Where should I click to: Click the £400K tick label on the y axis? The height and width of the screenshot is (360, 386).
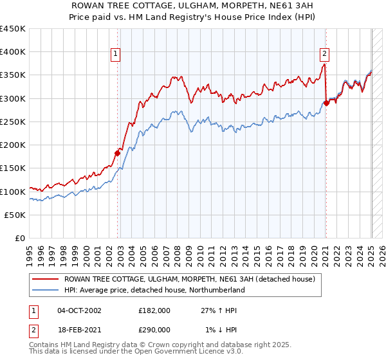pos(13,52)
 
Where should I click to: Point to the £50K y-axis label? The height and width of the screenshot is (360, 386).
pos(15,215)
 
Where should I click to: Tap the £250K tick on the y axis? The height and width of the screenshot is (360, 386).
pos(13,122)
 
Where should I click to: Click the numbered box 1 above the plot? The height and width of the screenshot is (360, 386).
pos(115,54)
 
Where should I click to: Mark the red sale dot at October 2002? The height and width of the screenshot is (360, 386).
pos(118,153)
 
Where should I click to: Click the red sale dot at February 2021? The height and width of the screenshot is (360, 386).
pos(326,103)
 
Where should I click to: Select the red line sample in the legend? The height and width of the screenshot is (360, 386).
pos(44,280)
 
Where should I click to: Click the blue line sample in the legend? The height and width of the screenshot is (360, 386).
pos(44,290)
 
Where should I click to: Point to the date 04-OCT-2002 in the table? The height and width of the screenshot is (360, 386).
pos(79,310)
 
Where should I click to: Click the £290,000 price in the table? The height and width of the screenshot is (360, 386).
pos(154,329)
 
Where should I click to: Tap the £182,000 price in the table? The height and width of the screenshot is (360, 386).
pos(154,310)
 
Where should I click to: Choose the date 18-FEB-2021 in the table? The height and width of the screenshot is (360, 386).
pos(79,329)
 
